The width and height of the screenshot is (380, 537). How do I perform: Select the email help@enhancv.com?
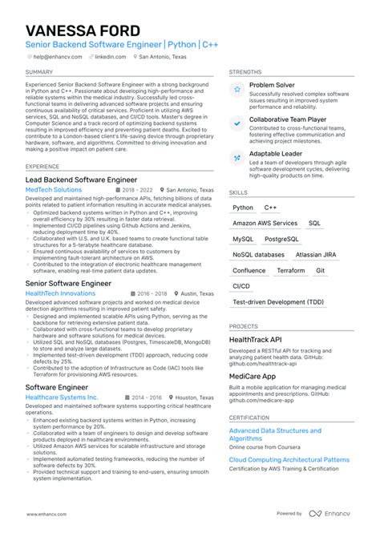click(54, 57)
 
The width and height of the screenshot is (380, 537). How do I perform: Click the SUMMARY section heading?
click(39, 72)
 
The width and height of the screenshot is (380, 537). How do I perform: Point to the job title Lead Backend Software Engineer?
click(81, 180)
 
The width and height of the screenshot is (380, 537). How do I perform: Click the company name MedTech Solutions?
click(54, 190)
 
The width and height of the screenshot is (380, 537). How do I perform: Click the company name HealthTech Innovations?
click(60, 293)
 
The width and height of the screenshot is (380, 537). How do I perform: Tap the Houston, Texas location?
click(195, 397)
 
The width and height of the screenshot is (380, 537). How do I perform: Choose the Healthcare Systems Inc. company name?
click(62, 397)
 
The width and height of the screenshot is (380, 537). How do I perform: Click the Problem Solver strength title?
click(272, 84)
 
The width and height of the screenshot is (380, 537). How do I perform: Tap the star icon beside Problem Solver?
click(237, 90)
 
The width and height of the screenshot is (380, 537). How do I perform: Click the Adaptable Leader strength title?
click(276, 152)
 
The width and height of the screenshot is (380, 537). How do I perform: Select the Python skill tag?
click(243, 208)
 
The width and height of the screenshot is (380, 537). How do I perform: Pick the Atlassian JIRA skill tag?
click(316, 254)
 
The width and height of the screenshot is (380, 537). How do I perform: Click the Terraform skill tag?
click(291, 270)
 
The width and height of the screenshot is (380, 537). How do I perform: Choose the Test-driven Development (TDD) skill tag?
click(278, 301)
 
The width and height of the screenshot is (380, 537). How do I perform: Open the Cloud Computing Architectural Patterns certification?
click(289, 460)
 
